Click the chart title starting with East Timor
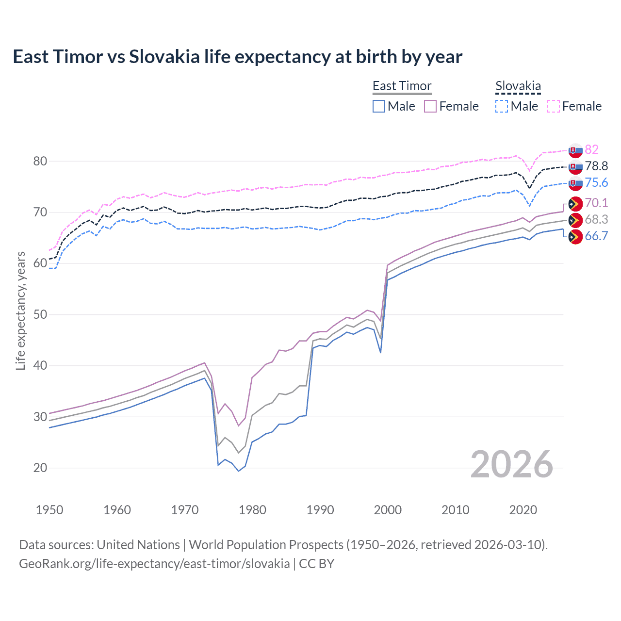(x=237, y=57)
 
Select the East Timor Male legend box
(x=379, y=106)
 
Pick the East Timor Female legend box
(x=430, y=106)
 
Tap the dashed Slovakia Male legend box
(x=502, y=106)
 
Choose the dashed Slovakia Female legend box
(x=554, y=106)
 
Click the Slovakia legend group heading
(x=518, y=86)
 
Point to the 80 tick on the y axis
(x=40, y=161)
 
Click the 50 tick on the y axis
(x=40, y=314)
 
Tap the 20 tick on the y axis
(x=40, y=468)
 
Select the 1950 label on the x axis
(x=49, y=510)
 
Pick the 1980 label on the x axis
(x=252, y=510)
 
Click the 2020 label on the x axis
(x=523, y=510)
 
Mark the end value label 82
(x=591, y=149)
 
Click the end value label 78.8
(x=596, y=166)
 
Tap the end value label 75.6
(x=596, y=182)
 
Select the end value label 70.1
(x=596, y=203)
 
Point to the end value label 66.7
(x=596, y=236)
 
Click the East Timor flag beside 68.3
(x=575, y=220)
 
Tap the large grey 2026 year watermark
(x=511, y=464)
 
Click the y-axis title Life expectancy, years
(x=20, y=310)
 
